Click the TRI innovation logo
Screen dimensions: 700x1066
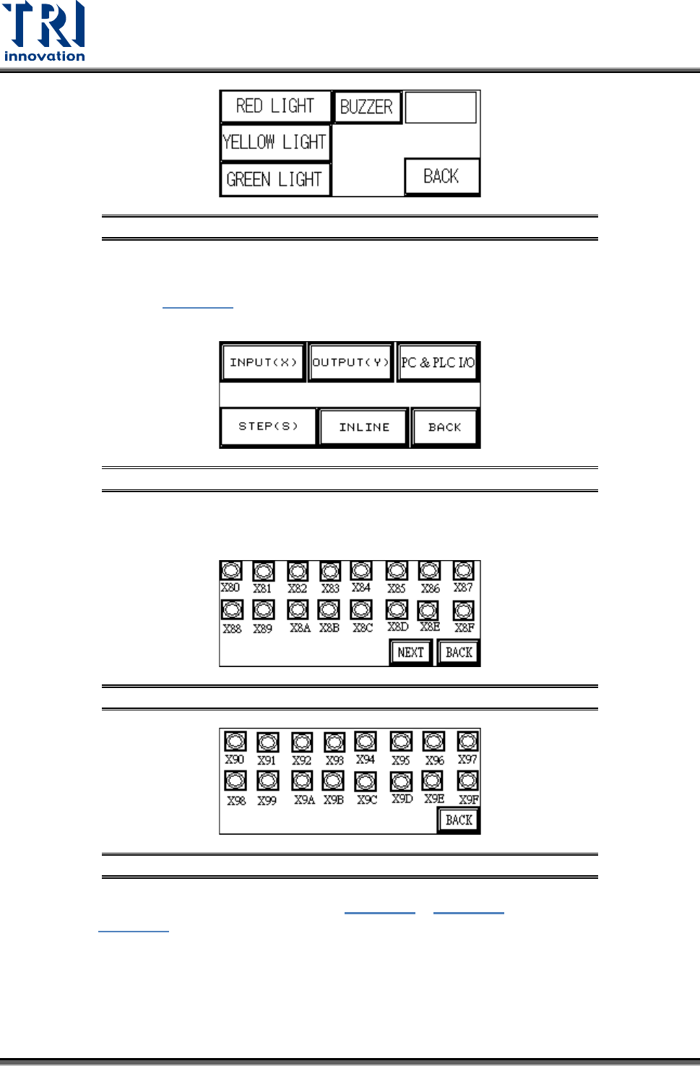(45, 32)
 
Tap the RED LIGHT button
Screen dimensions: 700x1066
(275, 106)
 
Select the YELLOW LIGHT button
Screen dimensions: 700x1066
(275, 142)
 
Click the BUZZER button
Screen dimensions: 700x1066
(366, 107)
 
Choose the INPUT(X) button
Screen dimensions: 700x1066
(263, 362)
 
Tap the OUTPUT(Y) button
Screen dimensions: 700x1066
(350, 362)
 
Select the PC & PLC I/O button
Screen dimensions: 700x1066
(438, 362)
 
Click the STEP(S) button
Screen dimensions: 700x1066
(268, 426)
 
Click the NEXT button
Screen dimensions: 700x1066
(410, 653)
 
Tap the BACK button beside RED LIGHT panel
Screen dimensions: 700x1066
(441, 176)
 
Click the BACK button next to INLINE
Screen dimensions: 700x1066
(444, 427)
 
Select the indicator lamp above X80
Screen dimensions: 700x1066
(231, 571)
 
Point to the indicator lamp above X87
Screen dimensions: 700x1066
(463, 571)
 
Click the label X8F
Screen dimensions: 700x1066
(464, 628)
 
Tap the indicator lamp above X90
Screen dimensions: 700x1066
(235, 742)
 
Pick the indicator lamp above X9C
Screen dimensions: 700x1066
(366, 781)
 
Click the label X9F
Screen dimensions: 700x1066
(468, 800)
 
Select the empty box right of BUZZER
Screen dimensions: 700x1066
(441, 107)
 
